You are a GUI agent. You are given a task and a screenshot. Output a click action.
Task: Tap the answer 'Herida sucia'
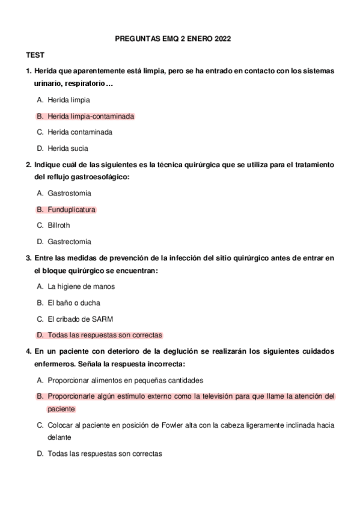click(68, 148)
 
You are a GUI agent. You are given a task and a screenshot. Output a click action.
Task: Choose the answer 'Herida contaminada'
click(80, 132)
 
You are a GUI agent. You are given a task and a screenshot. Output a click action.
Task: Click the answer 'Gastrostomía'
click(70, 194)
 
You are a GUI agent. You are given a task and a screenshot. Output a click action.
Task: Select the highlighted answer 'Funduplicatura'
click(72, 210)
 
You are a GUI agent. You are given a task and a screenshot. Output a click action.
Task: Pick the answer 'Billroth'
click(59, 226)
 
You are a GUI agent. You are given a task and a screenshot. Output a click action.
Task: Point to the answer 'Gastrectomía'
click(70, 242)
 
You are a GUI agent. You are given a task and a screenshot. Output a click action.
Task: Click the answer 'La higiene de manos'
click(81, 287)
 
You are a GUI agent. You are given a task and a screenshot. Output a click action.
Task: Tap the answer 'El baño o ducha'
click(74, 303)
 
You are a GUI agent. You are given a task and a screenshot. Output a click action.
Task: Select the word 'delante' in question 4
click(59, 437)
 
